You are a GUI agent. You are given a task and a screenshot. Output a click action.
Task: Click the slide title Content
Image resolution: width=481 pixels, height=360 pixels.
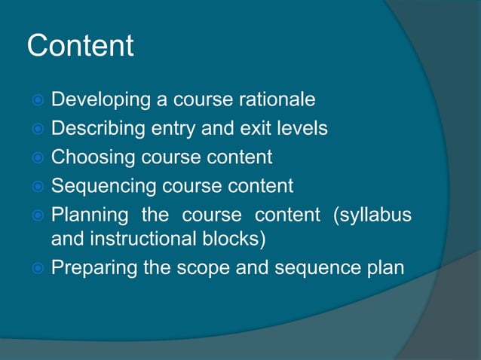(x=80, y=47)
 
